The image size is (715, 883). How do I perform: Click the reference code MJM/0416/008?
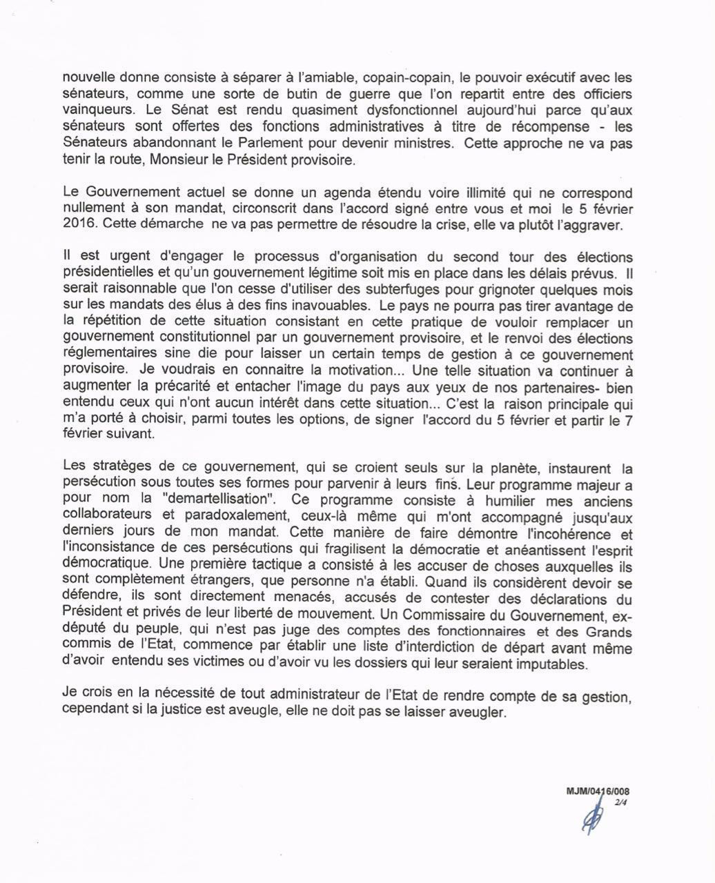[597, 792]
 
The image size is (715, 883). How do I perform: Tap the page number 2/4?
[624, 802]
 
